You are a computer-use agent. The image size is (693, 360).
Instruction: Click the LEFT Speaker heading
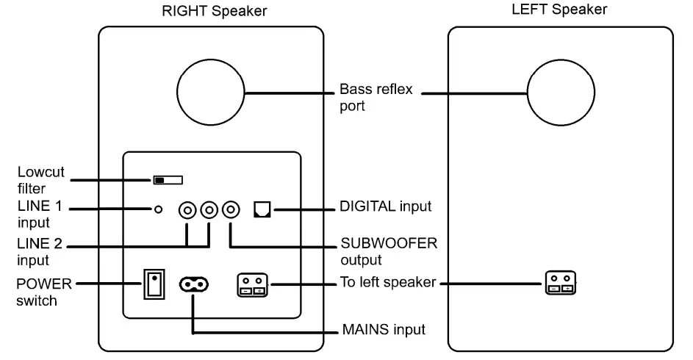click(560, 10)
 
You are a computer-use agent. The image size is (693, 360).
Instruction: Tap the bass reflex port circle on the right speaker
click(211, 93)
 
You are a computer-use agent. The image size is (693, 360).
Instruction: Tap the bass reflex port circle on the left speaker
click(560, 93)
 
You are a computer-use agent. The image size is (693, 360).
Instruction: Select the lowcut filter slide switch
click(168, 180)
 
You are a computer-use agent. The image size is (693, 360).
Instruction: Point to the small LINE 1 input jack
click(158, 211)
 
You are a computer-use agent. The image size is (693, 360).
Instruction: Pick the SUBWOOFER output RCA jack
click(232, 211)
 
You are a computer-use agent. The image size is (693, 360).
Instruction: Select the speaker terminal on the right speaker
click(254, 284)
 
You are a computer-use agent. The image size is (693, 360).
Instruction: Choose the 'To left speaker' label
click(388, 283)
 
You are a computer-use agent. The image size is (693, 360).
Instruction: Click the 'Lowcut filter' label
click(40, 179)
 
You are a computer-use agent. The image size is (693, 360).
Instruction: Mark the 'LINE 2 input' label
click(40, 251)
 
